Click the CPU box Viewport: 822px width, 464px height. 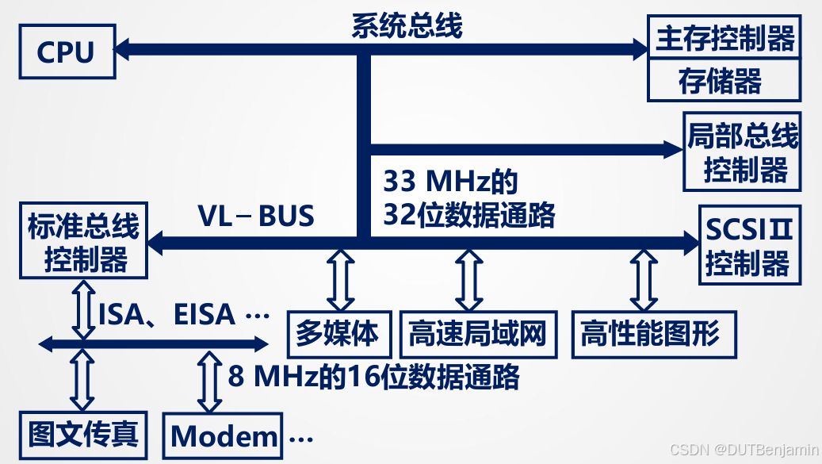[x=66, y=52]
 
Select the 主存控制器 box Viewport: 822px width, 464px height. [x=724, y=37]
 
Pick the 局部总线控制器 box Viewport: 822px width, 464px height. [x=742, y=152]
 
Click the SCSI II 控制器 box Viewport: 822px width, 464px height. [x=750, y=246]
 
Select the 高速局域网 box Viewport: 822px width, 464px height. [x=478, y=333]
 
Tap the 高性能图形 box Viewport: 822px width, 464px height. [x=652, y=333]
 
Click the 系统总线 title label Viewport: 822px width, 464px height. [x=407, y=25]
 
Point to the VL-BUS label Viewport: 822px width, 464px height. [x=256, y=215]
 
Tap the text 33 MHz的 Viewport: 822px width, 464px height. [x=450, y=182]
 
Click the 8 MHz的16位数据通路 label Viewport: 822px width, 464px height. [x=373, y=375]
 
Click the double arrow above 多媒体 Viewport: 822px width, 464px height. [x=342, y=279]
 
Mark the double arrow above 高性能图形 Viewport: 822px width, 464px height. [x=642, y=279]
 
